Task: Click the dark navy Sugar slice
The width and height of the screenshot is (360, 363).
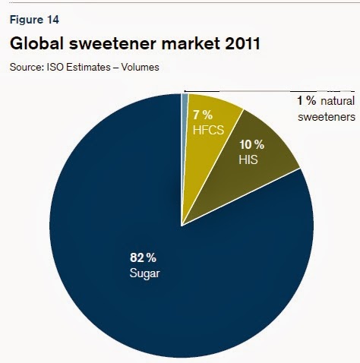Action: click(x=152, y=289)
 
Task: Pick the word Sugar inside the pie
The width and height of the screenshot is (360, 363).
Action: click(x=144, y=272)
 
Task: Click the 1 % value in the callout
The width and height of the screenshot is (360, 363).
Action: click(x=305, y=101)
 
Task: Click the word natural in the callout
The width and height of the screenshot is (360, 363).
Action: click(x=337, y=101)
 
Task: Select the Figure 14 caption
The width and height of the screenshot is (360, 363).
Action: click(x=31, y=20)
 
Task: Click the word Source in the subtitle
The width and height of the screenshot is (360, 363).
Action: click(x=27, y=68)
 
